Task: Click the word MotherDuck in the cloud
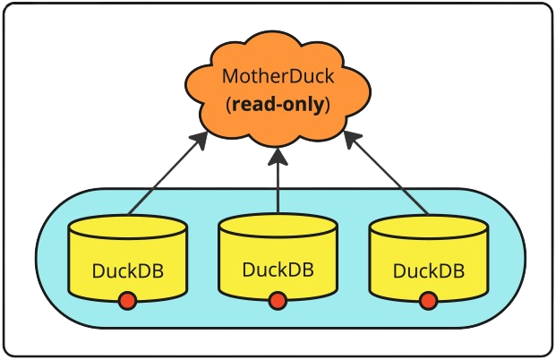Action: coord(278,76)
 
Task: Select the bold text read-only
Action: coord(278,104)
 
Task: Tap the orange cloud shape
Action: coord(278,89)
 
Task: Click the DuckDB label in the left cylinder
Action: coord(128,271)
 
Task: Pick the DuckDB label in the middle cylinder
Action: coord(278,270)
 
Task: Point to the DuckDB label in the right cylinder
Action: coord(428,271)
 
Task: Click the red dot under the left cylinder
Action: coord(128,301)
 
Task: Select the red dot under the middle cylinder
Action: coord(278,301)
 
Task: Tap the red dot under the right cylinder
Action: coord(428,301)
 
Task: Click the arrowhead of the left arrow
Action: coord(200,140)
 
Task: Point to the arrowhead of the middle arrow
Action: coord(278,157)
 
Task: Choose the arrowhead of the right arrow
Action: coord(352,139)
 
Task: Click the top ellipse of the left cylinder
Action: coord(128,227)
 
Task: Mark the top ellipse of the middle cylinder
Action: coord(278,226)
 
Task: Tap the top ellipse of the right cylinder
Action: coord(428,227)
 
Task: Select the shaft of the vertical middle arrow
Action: coord(278,189)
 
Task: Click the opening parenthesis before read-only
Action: coord(228,105)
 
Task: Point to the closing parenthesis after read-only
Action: coord(328,105)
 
